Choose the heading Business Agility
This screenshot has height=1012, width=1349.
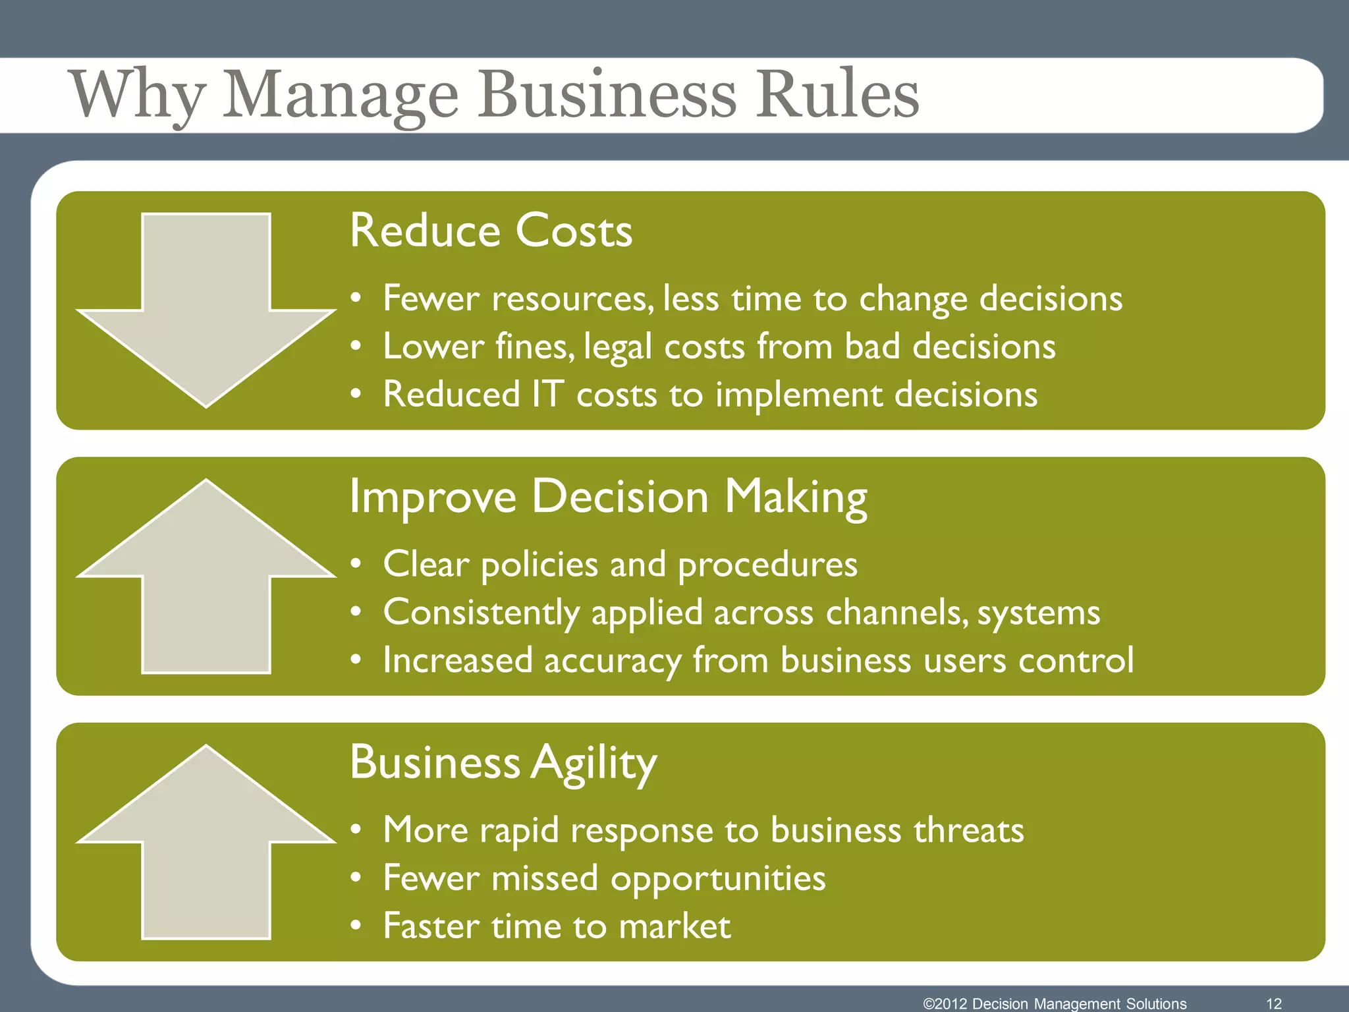point(503,762)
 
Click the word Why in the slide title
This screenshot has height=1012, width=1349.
point(138,95)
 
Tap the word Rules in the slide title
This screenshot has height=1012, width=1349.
point(837,95)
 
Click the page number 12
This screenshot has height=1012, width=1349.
point(1274,1003)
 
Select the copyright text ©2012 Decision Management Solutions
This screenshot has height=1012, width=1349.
point(1055,1003)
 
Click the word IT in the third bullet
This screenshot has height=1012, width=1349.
point(547,394)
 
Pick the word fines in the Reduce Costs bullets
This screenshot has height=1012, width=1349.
point(534,347)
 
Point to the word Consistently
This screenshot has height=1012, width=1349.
point(481,613)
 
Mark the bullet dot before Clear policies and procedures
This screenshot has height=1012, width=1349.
point(356,565)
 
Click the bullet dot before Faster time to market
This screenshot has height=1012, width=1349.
point(356,926)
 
